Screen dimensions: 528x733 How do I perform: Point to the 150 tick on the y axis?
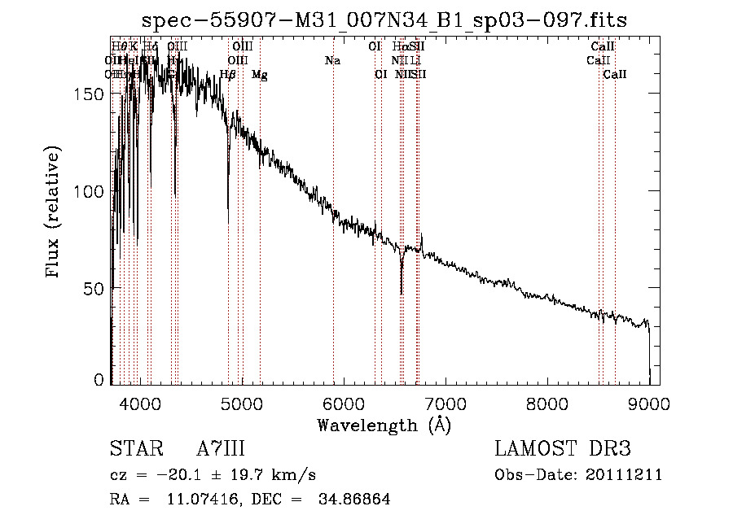96,94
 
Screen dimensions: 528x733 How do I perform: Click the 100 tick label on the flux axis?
96,191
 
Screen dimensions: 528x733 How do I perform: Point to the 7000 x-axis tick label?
446,402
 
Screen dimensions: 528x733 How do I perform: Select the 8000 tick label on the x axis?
547,402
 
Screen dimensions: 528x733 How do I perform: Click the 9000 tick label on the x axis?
649,402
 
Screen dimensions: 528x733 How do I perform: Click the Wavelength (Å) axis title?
384,425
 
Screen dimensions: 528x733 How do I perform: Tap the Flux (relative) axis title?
55,213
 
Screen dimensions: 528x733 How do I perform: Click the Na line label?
332,60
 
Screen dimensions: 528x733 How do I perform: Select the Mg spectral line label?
259,75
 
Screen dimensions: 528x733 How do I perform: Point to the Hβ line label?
228,75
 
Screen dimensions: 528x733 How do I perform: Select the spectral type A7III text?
221,449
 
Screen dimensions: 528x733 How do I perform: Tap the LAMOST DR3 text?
563,449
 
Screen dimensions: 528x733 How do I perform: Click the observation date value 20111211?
625,475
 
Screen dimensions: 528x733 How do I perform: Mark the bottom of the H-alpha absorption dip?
401,293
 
